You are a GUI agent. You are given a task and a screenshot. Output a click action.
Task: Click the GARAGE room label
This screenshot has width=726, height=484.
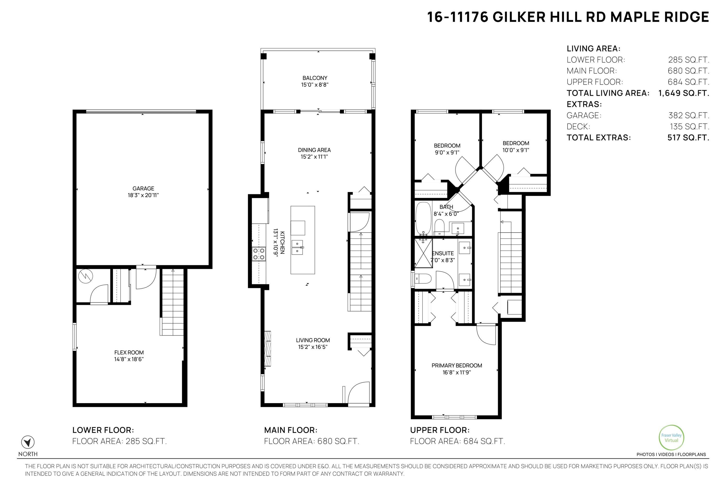pyautogui.click(x=143, y=188)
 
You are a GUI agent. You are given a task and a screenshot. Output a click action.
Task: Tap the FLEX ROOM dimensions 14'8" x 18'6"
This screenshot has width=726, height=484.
pyautogui.click(x=129, y=359)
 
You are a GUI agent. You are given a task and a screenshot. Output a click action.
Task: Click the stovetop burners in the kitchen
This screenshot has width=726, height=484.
pyautogui.click(x=259, y=254)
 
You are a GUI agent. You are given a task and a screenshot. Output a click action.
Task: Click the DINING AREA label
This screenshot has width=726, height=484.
pyautogui.click(x=314, y=150)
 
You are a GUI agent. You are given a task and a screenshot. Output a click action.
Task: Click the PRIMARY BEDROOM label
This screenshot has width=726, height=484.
pyautogui.click(x=456, y=365)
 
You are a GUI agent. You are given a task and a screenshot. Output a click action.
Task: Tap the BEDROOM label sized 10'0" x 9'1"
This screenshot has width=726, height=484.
pyautogui.click(x=516, y=143)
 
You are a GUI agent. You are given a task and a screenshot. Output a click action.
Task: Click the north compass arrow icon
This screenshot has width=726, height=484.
pyautogui.click(x=28, y=442)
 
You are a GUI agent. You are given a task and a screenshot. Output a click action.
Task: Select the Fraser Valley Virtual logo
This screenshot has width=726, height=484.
pyautogui.click(x=671, y=438)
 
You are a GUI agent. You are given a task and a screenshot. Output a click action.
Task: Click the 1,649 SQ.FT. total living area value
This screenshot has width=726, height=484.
pyautogui.click(x=684, y=93)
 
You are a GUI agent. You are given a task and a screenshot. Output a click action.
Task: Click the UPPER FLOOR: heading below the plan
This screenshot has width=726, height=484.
pyautogui.click(x=439, y=430)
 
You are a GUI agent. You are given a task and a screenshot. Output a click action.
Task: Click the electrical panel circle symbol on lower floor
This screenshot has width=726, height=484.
pyautogui.click(x=85, y=277)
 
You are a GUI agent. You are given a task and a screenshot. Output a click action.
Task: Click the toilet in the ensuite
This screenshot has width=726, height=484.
pyautogui.click(x=423, y=279)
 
